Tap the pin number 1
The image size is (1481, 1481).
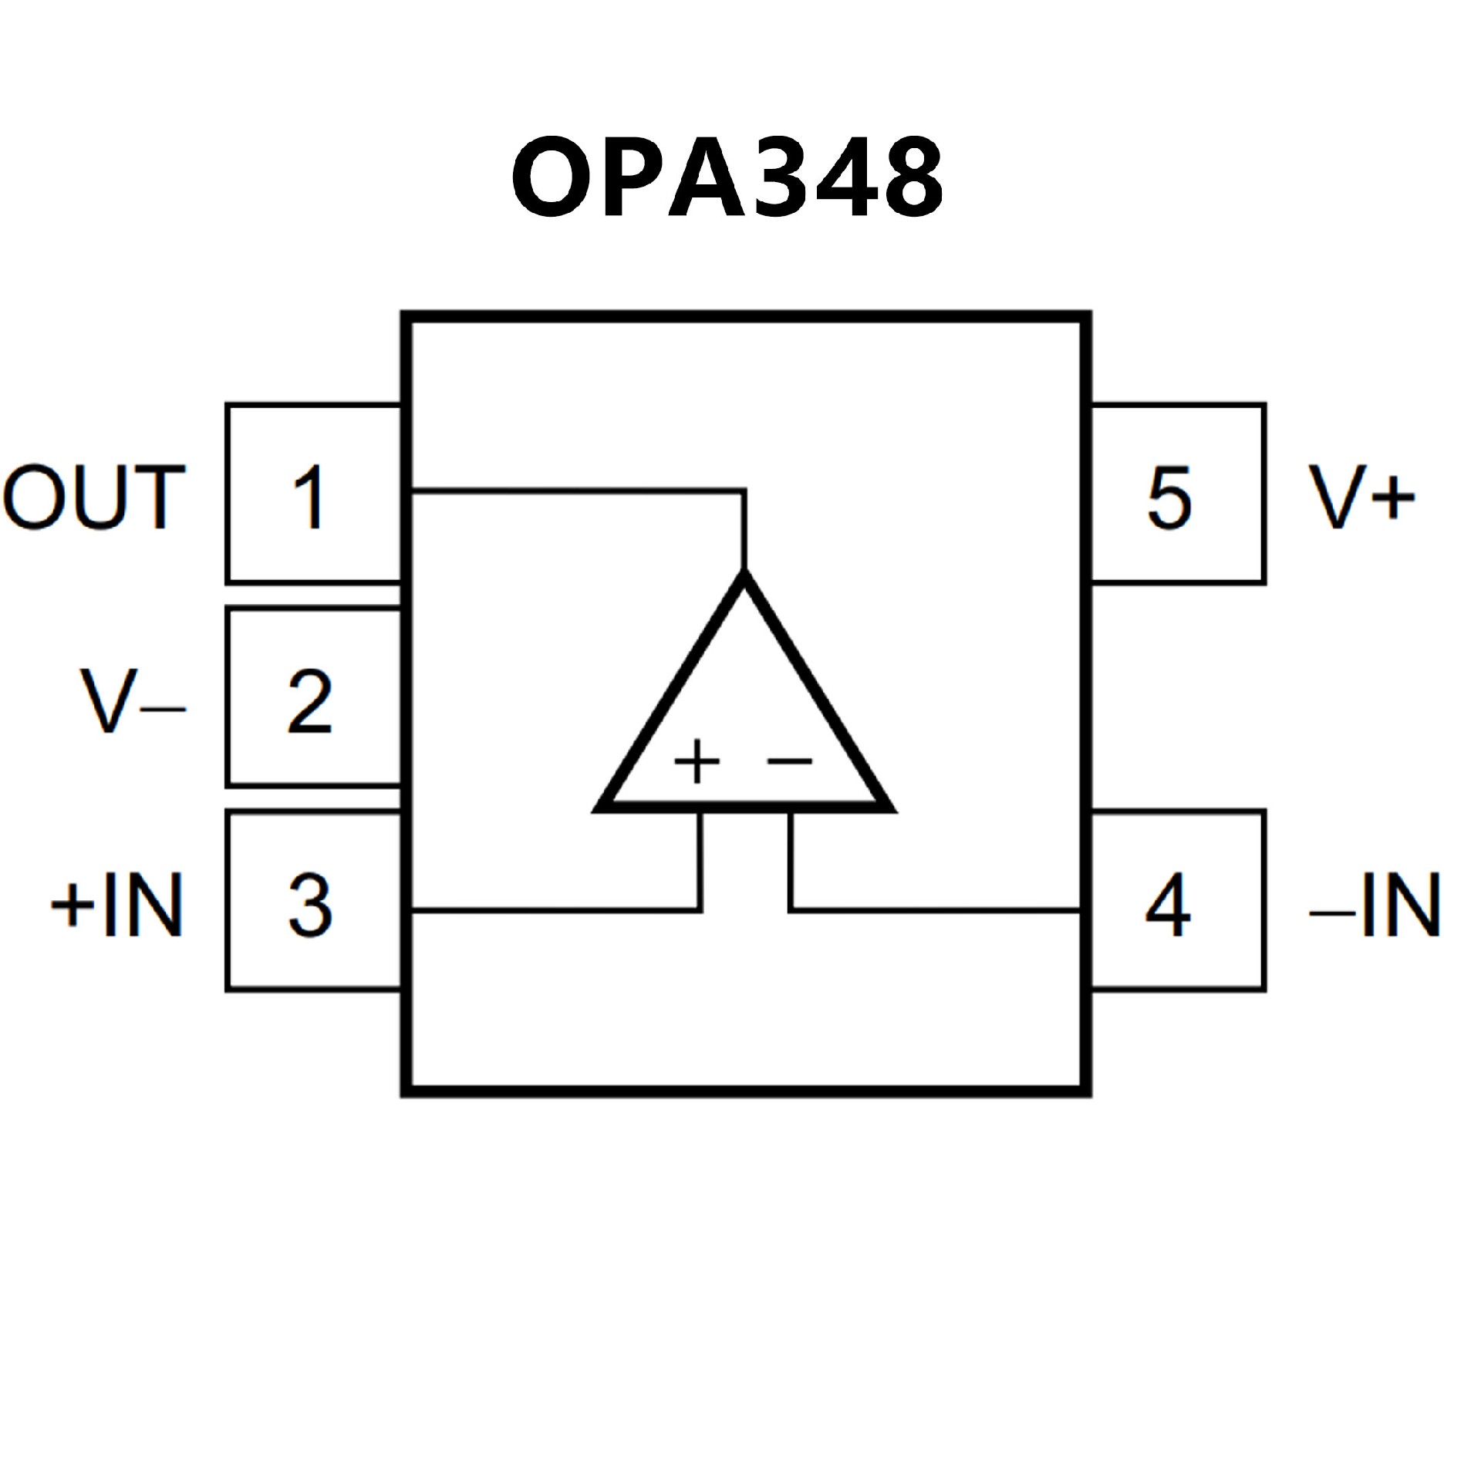[310, 498]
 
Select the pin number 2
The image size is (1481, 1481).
[310, 702]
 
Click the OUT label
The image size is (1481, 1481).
[94, 498]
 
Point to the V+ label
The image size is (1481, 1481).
[1362, 498]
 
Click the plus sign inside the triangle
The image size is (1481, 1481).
[697, 761]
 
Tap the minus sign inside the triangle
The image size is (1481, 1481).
[789, 761]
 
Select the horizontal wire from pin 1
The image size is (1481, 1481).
[579, 491]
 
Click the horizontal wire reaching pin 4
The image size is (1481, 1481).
[933, 911]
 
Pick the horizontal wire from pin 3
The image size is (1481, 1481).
[555, 911]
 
